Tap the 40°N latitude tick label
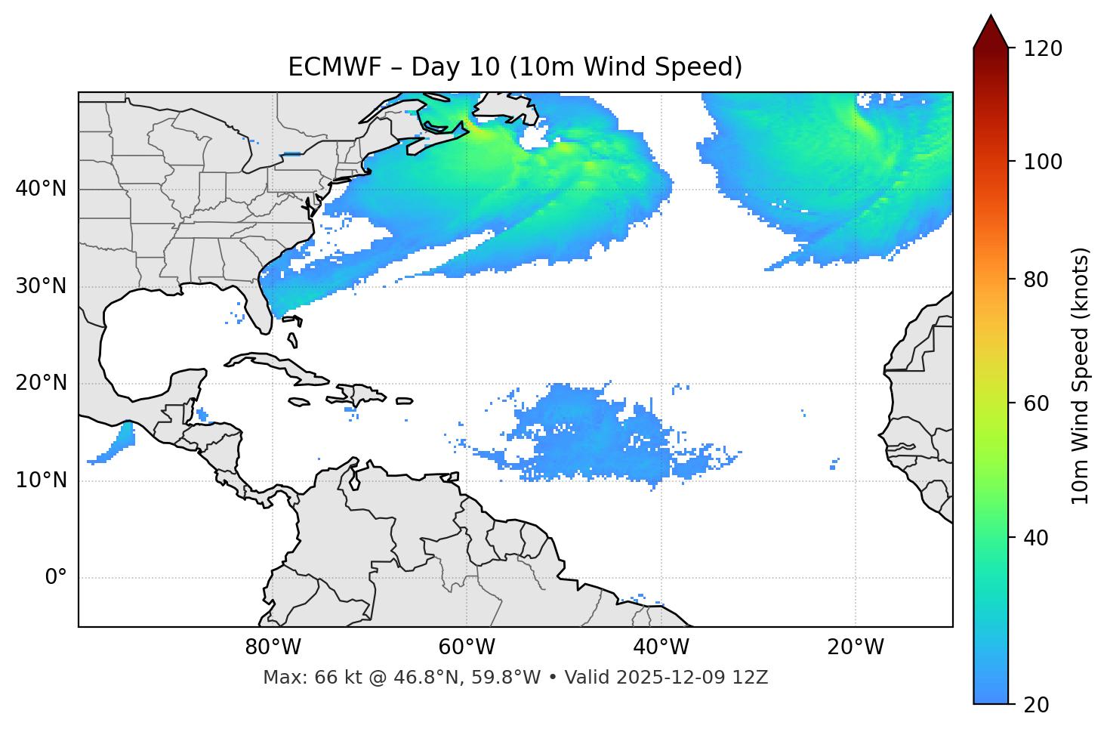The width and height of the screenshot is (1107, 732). coord(41,189)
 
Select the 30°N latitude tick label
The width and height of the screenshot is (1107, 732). coord(41,286)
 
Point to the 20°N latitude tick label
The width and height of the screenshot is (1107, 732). coord(41,383)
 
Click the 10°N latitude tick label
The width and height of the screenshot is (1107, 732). coord(41,480)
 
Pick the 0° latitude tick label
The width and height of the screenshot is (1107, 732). coord(56,578)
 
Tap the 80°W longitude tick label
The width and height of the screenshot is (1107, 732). coord(273,647)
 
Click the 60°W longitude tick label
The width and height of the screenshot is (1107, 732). coord(467,647)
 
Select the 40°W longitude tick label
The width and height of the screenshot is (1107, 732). coord(661,647)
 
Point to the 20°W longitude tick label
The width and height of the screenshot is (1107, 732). coord(856,647)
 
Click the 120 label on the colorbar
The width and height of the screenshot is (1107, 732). coord(1043,49)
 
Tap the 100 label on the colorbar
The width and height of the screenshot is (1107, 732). coord(1043,162)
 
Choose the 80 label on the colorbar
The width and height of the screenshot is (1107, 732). coord(1038,280)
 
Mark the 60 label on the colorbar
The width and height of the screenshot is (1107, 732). coord(1038,403)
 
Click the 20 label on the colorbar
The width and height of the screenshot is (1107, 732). coord(1038,705)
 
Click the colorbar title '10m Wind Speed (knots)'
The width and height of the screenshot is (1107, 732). coord(1081,375)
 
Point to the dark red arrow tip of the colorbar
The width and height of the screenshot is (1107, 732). coord(991,26)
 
